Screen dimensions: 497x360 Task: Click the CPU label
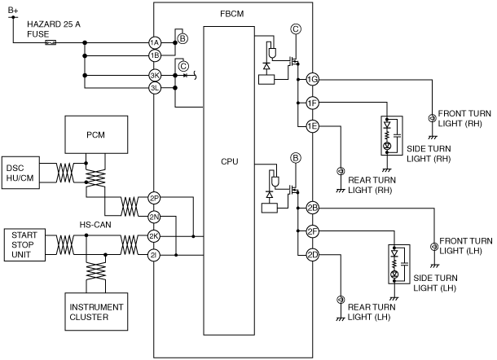pos(230,161)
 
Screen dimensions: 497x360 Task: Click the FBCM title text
pos(232,14)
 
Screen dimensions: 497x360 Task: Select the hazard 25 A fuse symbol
pos(51,42)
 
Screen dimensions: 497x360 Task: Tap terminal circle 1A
pos(155,42)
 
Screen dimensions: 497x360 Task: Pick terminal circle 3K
pos(155,76)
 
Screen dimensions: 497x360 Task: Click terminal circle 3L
pos(155,88)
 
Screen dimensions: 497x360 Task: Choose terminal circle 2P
pos(154,199)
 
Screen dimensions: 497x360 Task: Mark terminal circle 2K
pos(154,236)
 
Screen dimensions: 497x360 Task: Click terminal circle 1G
pos(313,79)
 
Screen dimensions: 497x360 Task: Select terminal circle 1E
pos(313,126)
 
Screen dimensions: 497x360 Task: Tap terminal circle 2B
pos(313,208)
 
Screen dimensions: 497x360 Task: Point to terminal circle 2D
pos(313,255)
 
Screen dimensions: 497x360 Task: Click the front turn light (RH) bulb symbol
pos(432,118)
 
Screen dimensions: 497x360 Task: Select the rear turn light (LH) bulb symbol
pos(341,299)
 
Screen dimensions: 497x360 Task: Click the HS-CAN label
pos(95,225)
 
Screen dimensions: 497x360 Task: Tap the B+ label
pos(13,10)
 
